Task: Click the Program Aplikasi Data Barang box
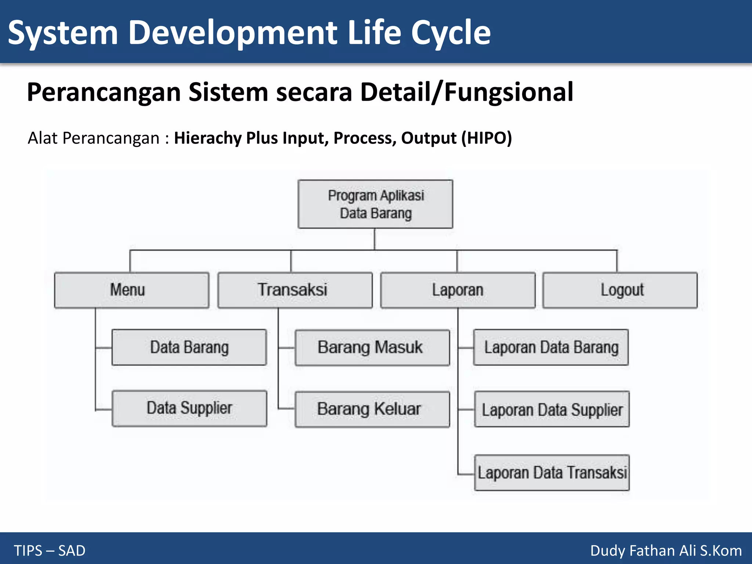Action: coord(375,204)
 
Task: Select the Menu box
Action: coord(131,290)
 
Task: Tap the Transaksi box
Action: coord(295,290)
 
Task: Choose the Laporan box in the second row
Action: coord(458,290)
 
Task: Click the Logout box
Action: coord(620,290)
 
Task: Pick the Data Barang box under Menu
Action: coord(189,347)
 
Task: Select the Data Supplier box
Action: coord(189,408)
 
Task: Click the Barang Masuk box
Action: coord(372,347)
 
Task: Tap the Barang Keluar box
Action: coord(372,409)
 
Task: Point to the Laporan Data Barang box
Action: coord(551,347)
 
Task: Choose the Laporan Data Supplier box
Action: coord(552,409)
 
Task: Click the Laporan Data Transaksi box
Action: coord(552,473)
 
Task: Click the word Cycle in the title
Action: coord(451,33)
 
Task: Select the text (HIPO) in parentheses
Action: coord(487,138)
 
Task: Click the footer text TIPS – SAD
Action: coord(50,550)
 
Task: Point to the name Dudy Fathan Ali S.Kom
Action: coord(666,550)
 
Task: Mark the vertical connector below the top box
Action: coord(375,239)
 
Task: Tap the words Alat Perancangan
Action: coord(94,138)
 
